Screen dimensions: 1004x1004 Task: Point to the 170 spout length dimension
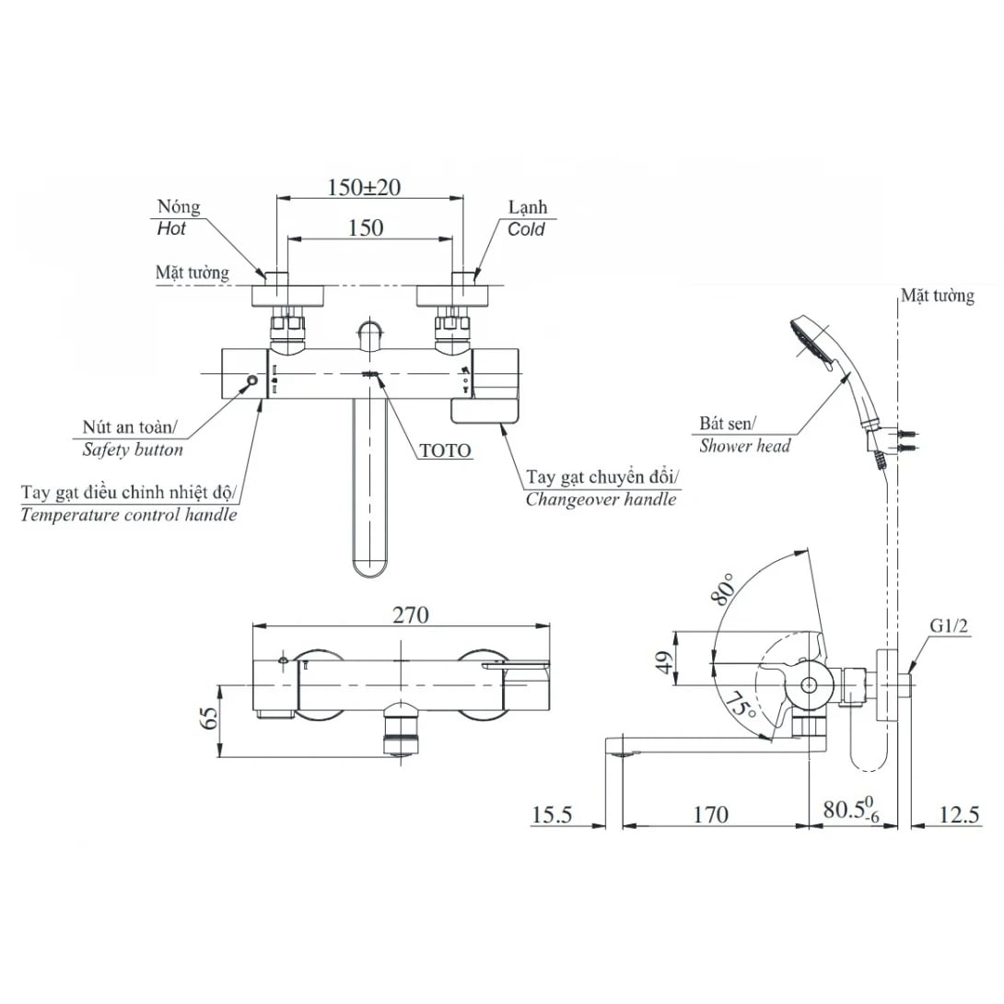pyautogui.click(x=710, y=814)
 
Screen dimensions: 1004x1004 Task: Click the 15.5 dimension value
pyautogui.click(x=552, y=814)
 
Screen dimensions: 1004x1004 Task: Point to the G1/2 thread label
pyautogui.click(x=948, y=628)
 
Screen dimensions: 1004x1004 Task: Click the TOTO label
pyautogui.click(x=445, y=451)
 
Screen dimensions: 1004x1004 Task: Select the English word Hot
pyautogui.click(x=171, y=228)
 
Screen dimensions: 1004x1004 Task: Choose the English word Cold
pyautogui.click(x=526, y=228)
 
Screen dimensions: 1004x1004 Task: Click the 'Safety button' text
pyautogui.click(x=133, y=449)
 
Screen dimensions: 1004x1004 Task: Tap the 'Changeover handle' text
pyautogui.click(x=601, y=499)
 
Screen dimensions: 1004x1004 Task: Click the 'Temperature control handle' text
pyautogui.click(x=129, y=515)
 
